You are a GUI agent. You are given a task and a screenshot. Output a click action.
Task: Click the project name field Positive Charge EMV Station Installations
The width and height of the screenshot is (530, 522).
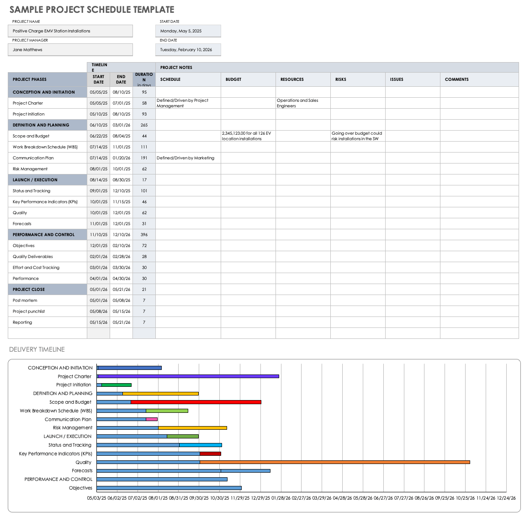[x=70, y=31]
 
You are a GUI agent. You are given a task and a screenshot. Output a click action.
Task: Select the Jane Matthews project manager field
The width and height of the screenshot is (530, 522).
[x=70, y=50]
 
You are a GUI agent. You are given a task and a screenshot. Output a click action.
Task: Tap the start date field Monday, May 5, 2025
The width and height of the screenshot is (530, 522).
[x=188, y=31]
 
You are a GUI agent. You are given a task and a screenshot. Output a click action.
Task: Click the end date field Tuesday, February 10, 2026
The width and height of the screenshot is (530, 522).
[x=188, y=50]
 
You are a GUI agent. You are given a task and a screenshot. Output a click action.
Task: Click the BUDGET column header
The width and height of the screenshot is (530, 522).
[x=233, y=79]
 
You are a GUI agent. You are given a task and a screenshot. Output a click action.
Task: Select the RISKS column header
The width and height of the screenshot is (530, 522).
[x=341, y=79]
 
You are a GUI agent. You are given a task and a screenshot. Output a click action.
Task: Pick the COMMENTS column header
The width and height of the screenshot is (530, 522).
[x=457, y=79]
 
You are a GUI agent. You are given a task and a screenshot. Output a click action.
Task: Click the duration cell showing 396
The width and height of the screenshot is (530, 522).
[x=144, y=235]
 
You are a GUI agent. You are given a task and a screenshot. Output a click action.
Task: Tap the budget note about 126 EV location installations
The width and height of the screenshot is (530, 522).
[x=247, y=136]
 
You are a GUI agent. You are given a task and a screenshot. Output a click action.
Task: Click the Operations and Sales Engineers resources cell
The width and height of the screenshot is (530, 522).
[x=297, y=103]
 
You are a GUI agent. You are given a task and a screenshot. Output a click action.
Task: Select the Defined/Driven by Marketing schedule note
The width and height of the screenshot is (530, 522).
[x=185, y=158]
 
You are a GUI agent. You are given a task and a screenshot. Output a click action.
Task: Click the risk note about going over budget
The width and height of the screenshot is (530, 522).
[x=357, y=136]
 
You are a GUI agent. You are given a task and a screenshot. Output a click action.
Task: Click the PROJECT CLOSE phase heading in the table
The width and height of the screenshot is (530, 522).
[x=29, y=290]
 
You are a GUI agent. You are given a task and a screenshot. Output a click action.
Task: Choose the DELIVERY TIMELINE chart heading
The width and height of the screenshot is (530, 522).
[x=37, y=349]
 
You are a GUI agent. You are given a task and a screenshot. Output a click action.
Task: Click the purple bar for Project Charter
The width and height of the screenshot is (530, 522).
[x=188, y=376]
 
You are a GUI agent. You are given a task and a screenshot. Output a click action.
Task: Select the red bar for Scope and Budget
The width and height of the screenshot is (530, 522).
[x=196, y=402]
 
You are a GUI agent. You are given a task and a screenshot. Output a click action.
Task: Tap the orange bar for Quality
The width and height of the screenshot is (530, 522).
[x=334, y=462]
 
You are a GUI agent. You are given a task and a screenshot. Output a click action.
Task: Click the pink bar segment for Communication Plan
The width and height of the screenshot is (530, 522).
[x=152, y=419]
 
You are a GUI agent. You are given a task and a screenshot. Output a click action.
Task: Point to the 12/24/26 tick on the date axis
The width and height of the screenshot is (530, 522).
[x=506, y=498]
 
